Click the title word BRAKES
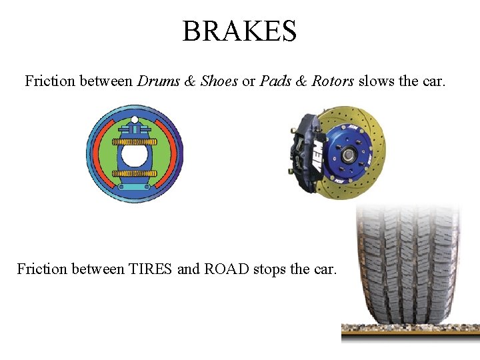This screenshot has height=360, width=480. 239,31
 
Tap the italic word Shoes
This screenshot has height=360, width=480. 219,81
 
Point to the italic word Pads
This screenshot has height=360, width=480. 275,81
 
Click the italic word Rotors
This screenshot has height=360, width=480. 333,81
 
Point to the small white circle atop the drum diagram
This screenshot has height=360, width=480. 135,120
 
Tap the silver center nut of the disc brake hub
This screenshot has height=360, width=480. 348,155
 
